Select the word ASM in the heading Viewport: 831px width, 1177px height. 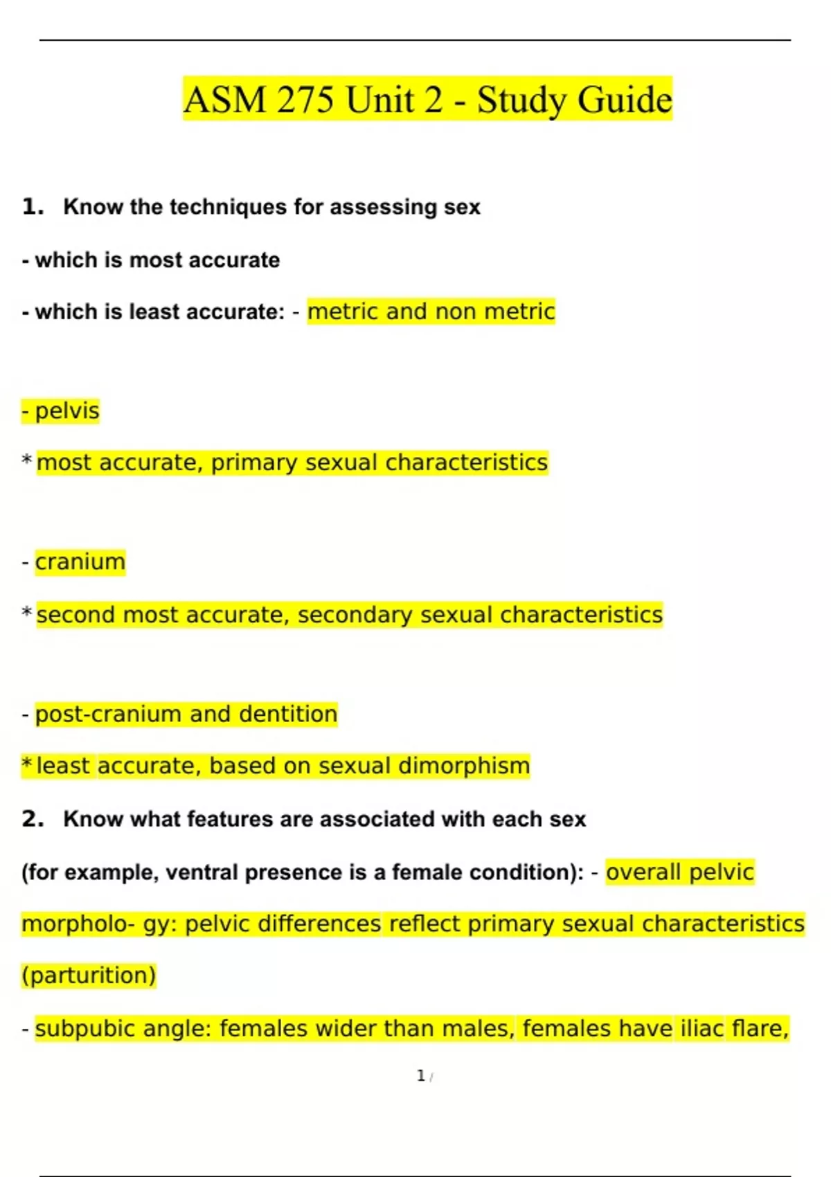(225, 100)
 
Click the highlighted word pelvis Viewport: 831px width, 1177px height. (67, 411)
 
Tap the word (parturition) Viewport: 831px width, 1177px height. (89, 976)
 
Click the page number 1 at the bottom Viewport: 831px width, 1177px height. (420, 1075)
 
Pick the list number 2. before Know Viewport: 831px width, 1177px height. (33, 819)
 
